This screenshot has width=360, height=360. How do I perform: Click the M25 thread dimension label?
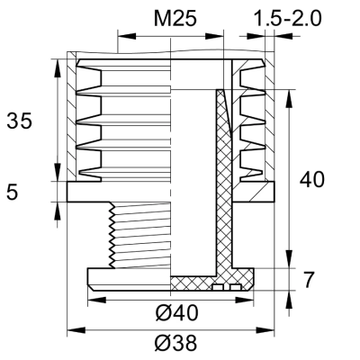coord(171,18)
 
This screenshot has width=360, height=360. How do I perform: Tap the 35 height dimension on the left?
coord(20,121)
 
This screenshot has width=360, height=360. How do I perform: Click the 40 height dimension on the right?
coord(311,179)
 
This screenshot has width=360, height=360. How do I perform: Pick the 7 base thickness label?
coord(308,280)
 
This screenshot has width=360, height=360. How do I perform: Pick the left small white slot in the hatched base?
coord(217,287)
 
